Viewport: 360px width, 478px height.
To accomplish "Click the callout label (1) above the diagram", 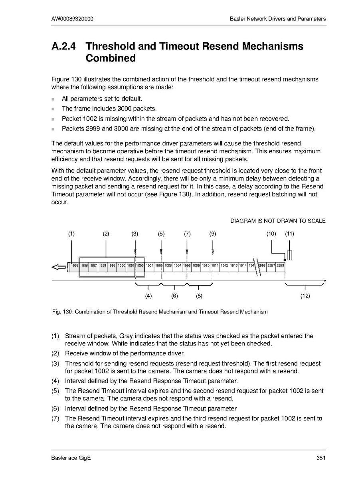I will pyautogui.click(x=71, y=234).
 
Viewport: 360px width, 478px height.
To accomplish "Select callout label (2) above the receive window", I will pyautogui.click(x=106, y=234).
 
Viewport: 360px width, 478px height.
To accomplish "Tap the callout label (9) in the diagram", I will pyautogui.click(x=212, y=234).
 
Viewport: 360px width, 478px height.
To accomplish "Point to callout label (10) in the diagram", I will pyautogui.click(x=271, y=234).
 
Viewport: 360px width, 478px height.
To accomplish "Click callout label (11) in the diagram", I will pyautogui.click(x=289, y=234).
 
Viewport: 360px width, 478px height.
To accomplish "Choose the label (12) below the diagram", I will pyautogui.click(x=305, y=296).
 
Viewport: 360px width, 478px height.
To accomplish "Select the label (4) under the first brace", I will pyautogui.click(x=148, y=296).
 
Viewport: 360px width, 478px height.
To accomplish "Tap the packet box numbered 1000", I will pyautogui.click(x=121, y=265).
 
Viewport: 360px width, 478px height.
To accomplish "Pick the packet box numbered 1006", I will pyautogui.click(x=168, y=265).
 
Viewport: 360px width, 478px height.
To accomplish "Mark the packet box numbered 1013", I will pyautogui.click(x=233, y=265).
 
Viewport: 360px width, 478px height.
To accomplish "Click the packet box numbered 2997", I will pyautogui.click(x=271, y=265).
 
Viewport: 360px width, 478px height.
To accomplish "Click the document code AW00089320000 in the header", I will pyautogui.click(x=73, y=19).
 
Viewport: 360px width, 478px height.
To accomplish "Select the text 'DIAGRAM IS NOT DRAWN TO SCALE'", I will pyautogui.click(x=278, y=221).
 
